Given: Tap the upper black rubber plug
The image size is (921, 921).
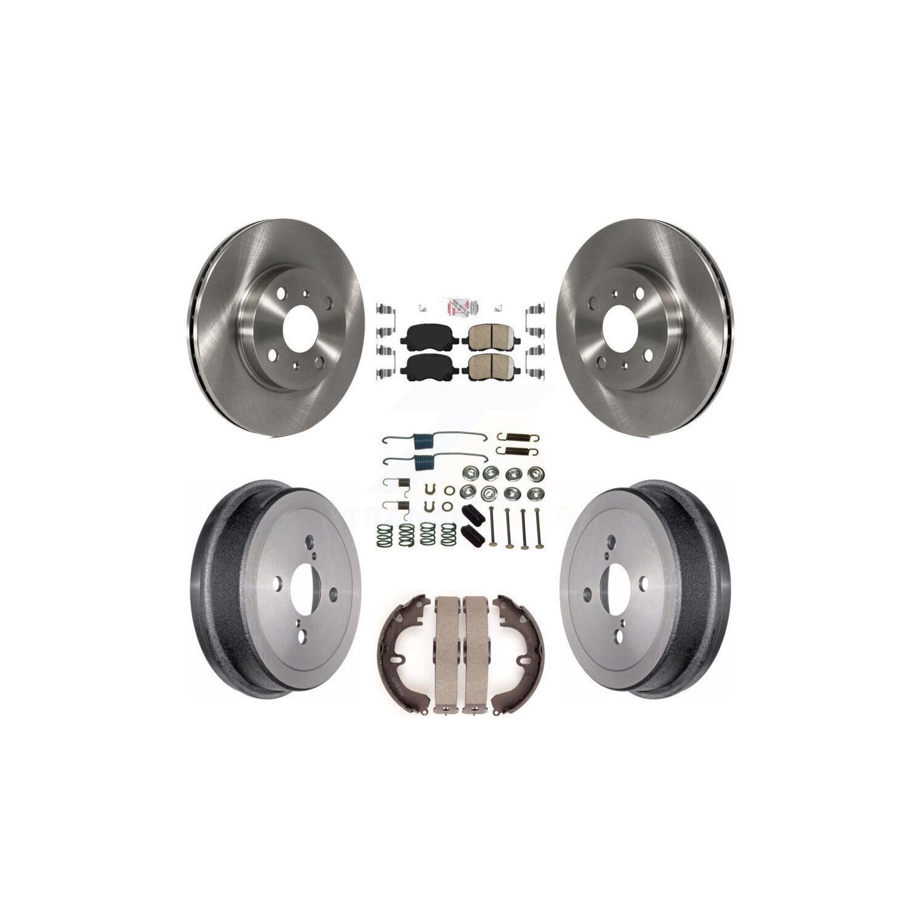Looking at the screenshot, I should click(472, 511).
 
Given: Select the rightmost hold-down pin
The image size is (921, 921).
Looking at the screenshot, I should click(536, 525).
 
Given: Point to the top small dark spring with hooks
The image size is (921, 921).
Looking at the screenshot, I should click(514, 437).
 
